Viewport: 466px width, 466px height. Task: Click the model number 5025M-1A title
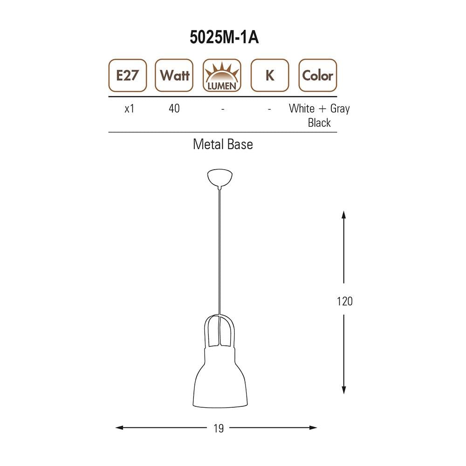coord(224,38)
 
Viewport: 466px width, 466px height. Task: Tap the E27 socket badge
coord(127,75)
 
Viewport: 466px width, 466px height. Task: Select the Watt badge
coord(174,75)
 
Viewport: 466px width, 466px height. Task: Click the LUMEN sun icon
coord(222,75)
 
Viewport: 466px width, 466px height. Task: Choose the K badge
coord(270,75)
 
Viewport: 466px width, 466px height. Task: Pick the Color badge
coord(317,75)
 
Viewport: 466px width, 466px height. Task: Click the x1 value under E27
coord(129,109)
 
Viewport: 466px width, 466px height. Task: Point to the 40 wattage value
coord(174,109)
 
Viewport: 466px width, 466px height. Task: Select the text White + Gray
coord(319,109)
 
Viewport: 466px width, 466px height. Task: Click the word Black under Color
coord(319,123)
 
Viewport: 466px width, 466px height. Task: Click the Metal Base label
coord(223,144)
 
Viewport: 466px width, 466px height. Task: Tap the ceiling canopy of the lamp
coord(219,178)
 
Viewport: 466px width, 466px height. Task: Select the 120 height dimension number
coord(344,301)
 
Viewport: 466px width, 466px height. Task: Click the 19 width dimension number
coord(219,428)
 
